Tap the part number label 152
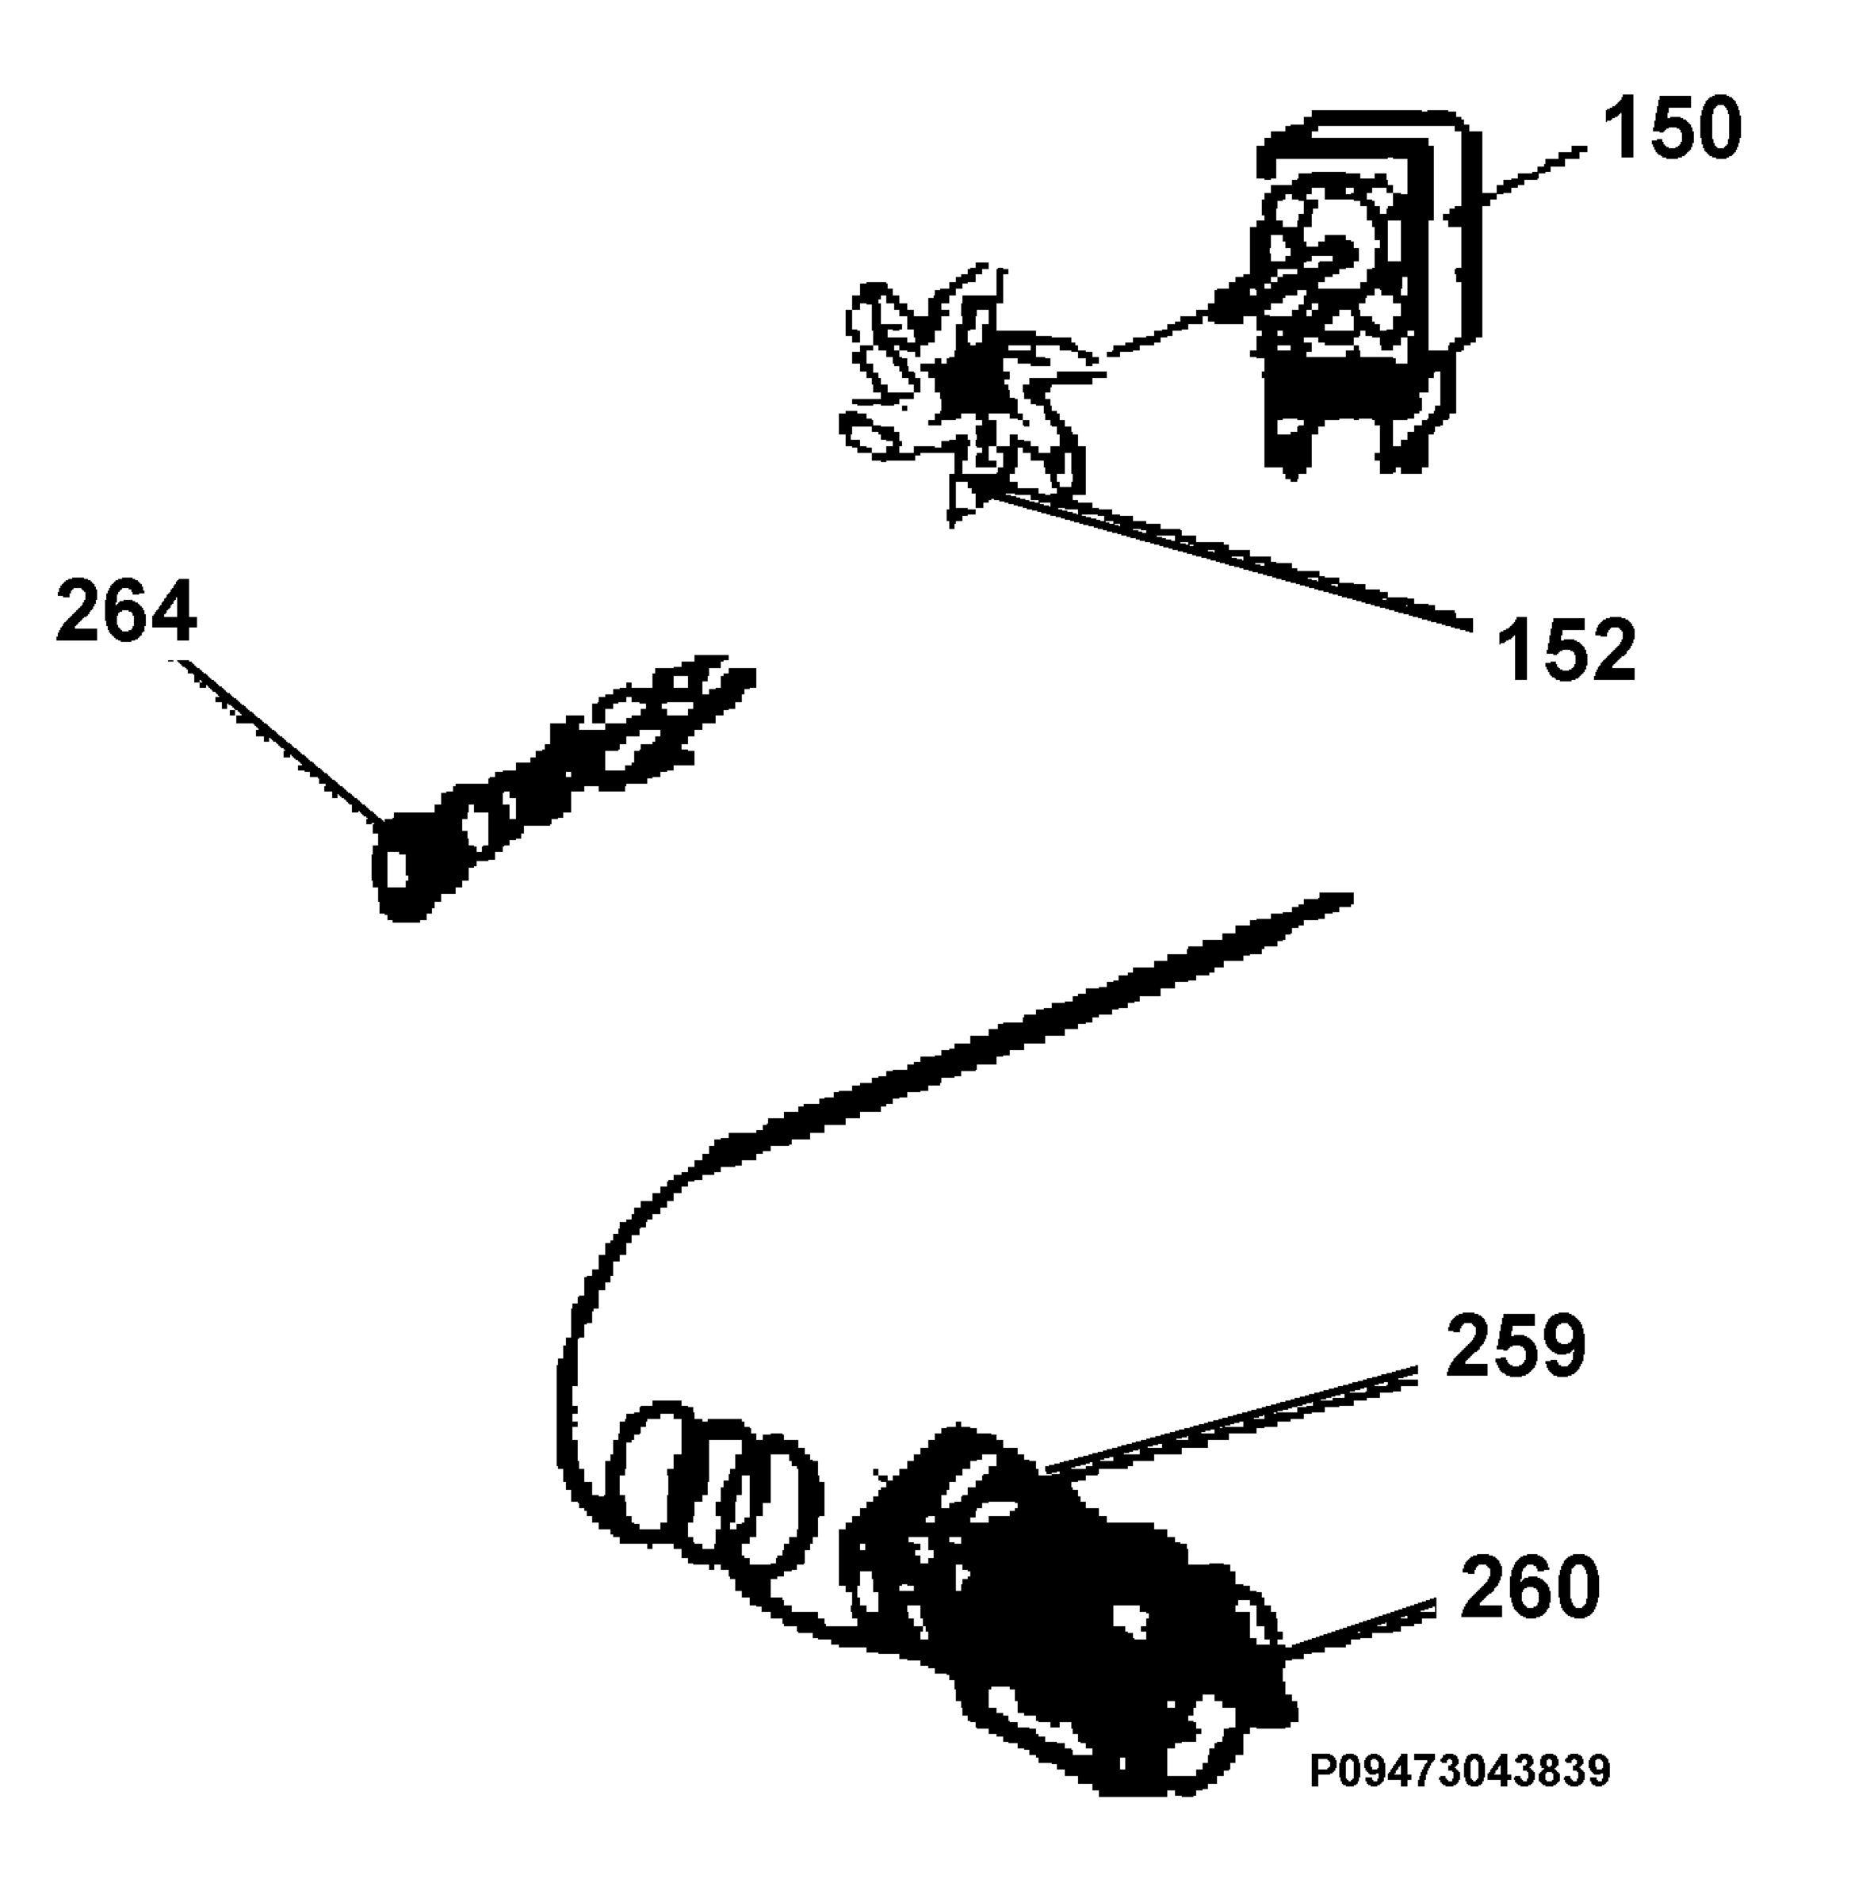[1567, 648]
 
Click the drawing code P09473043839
[1460, 1770]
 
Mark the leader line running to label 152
[1225, 559]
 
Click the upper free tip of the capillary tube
[1347, 898]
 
